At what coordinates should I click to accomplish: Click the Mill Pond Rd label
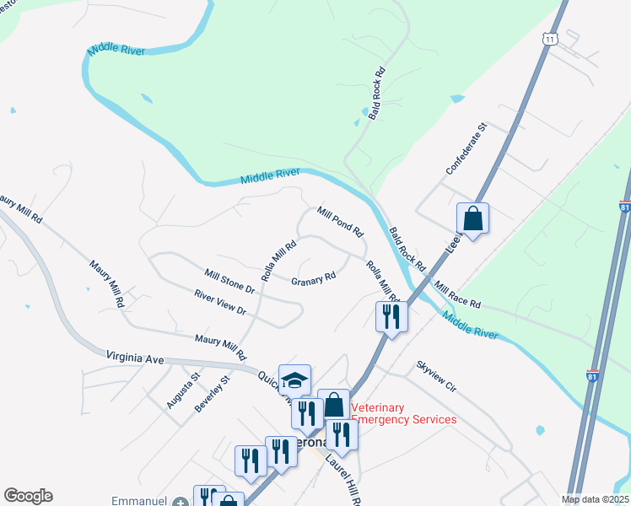pos(340,222)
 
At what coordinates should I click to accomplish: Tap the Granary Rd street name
pos(313,279)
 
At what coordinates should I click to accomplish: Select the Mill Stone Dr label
pos(229,281)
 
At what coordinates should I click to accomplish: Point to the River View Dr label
pos(219,304)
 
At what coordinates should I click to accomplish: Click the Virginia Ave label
pos(135,358)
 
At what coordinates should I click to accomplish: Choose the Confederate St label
pos(467,148)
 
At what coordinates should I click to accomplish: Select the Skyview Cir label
pos(435,377)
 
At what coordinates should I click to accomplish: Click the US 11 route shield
pos(550,40)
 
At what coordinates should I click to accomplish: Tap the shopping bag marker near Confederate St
pos(473,218)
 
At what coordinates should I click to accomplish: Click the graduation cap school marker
pos(294,380)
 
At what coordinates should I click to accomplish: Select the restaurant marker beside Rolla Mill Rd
pos(391,316)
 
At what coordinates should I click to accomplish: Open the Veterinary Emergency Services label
pos(402,413)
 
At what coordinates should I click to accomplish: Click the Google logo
pos(28,496)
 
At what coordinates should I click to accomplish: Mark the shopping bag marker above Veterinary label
pos(334,405)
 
